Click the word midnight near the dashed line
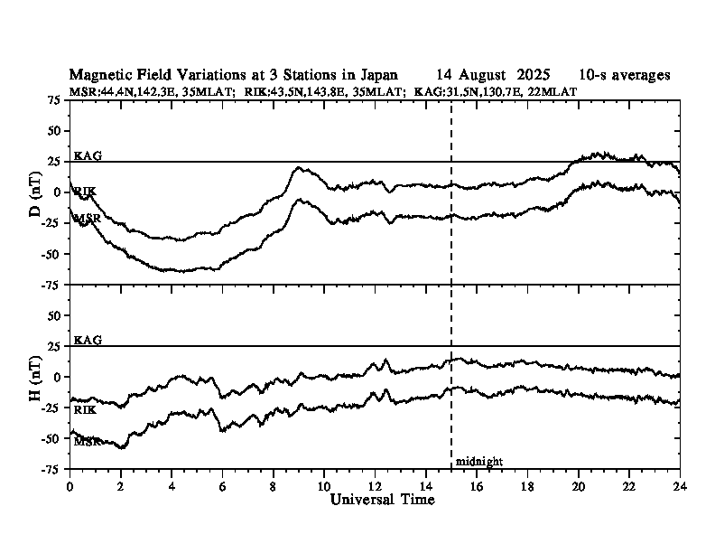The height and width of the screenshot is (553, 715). tap(478, 461)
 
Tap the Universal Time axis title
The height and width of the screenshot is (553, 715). tap(382, 500)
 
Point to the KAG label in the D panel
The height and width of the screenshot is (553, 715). tap(88, 155)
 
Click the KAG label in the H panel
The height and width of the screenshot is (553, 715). tap(88, 341)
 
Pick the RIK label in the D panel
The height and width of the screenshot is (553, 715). tap(85, 191)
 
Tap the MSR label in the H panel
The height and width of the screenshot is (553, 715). tap(87, 442)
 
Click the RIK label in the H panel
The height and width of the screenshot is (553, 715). tap(85, 410)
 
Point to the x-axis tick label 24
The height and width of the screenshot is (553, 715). tap(679, 485)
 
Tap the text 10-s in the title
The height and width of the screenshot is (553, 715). tap(595, 75)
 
